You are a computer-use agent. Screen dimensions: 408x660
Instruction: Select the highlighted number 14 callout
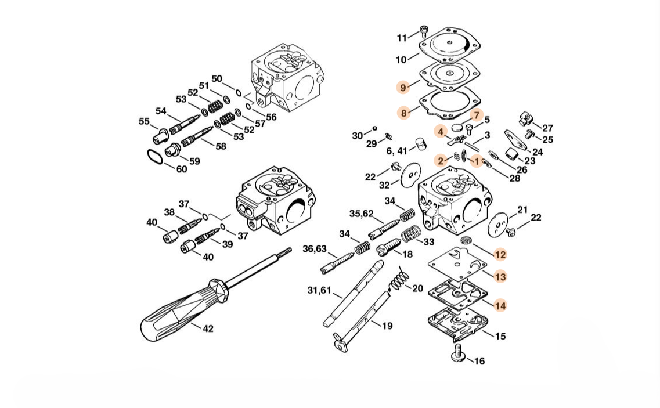point(500,305)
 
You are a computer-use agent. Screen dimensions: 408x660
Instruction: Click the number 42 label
point(207,328)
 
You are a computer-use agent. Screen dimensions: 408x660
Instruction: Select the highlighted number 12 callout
point(500,254)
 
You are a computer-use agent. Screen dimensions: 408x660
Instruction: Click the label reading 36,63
point(315,249)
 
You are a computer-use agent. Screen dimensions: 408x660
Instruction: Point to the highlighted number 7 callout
point(475,115)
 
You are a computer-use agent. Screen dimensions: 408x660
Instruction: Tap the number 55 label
point(144,121)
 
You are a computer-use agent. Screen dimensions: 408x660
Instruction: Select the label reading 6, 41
point(396,151)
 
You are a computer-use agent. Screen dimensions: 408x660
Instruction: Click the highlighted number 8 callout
point(404,112)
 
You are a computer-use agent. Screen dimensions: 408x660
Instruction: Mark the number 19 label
point(387,326)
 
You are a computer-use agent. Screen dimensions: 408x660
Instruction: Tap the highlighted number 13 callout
point(500,277)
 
